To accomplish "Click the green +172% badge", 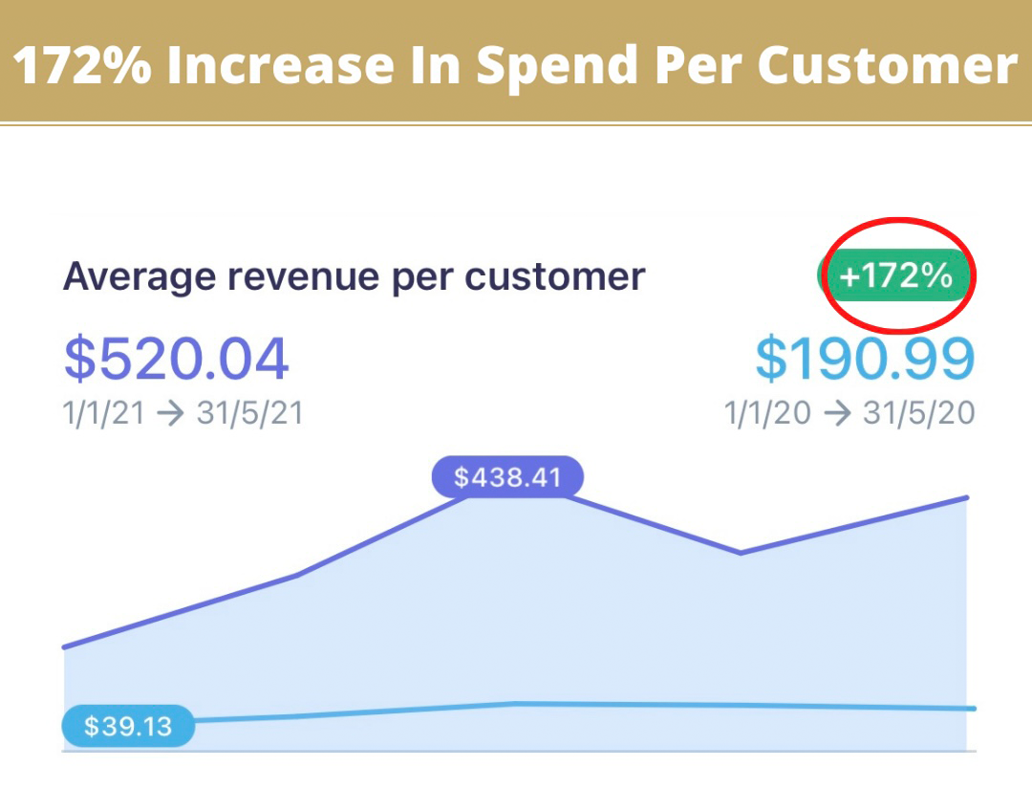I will (x=895, y=276).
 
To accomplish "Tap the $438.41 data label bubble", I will (x=507, y=476).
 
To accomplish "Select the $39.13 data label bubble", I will (x=128, y=727).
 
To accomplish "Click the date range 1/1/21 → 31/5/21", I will (x=183, y=413).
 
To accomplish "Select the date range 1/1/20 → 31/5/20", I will (x=849, y=413).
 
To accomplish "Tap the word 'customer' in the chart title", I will (x=554, y=277).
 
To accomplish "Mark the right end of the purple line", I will (x=967, y=497).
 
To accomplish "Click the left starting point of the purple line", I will (x=65, y=647).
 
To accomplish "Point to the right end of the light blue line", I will (x=974, y=709).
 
